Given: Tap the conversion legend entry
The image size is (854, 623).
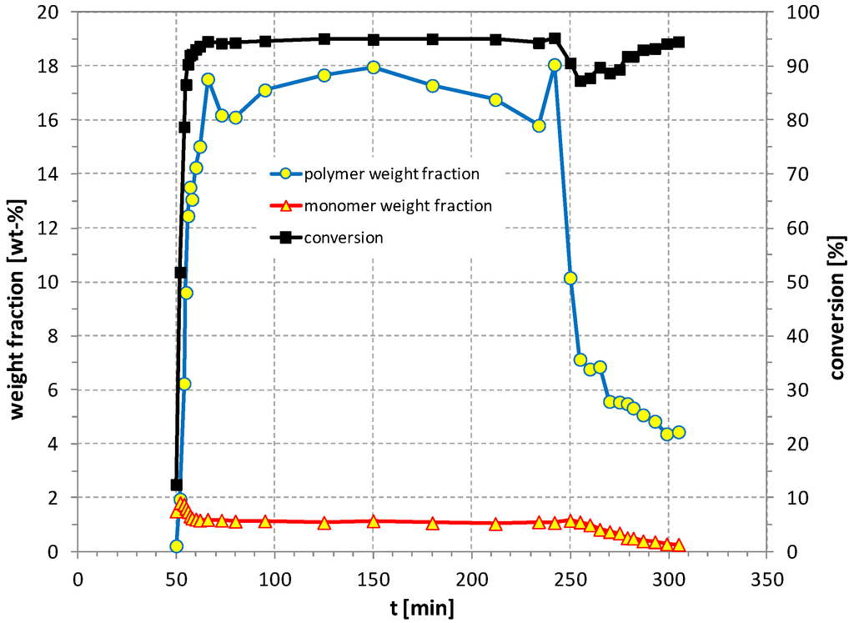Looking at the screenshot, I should pos(343,238).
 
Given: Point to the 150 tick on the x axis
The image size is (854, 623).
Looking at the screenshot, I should pos(373,578).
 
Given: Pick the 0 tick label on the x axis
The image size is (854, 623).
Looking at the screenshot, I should pos(78,578).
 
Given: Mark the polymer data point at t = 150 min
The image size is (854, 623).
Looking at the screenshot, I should pos(374,68).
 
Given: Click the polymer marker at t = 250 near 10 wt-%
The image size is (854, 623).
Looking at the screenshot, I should pos(570,279).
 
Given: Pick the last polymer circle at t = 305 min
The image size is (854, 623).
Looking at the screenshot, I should pos(679,432).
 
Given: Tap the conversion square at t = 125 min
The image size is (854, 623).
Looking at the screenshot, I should pos(324,39).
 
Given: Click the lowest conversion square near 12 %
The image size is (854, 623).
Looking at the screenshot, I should pos(176,485).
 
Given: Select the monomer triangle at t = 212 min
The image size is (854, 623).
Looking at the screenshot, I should pos(495,524).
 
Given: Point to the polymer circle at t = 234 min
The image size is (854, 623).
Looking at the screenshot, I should pos(539,126).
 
